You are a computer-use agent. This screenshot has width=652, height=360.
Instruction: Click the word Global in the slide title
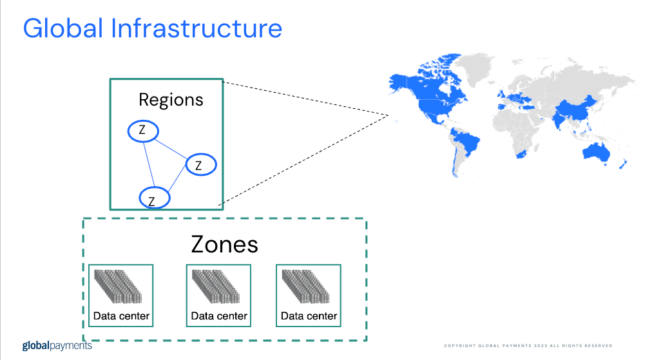coord(62,28)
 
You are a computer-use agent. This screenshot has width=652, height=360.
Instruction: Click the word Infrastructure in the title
coord(197,28)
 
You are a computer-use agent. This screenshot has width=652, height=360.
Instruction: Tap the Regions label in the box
coord(171,100)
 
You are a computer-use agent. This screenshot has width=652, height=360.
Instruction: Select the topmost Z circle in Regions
coord(143,131)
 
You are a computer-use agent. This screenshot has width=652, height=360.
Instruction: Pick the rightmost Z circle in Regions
coord(201,165)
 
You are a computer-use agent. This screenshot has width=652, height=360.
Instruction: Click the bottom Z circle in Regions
coord(154,198)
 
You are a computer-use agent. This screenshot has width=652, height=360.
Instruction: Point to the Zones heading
coord(225,244)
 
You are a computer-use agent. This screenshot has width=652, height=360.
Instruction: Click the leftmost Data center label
coord(121,316)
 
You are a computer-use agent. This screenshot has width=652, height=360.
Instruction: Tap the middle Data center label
coord(219,316)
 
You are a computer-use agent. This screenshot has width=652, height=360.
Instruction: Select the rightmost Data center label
coord(309,316)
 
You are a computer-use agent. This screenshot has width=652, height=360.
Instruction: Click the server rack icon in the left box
coord(118,287)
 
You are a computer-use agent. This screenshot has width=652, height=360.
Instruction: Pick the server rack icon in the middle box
coord(216,287)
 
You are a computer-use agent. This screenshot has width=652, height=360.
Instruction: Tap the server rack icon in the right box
coord(305,287)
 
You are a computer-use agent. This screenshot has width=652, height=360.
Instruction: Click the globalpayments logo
coord(57,345)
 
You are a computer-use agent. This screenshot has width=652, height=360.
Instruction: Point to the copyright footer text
coord(528,345)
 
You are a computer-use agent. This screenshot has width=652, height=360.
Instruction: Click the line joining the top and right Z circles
coord(171,149)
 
